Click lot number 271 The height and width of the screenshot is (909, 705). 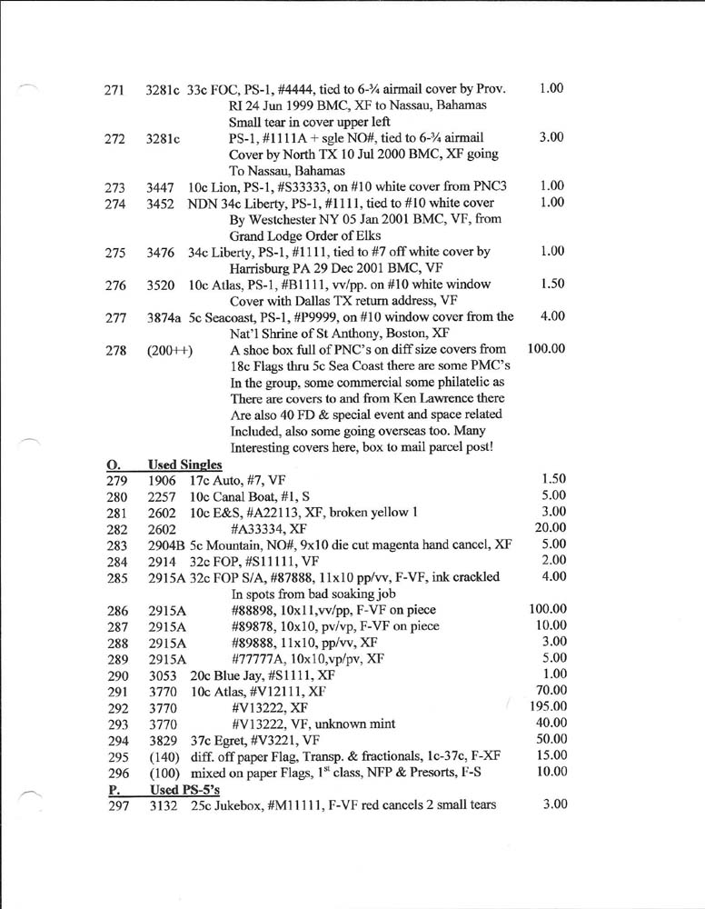114,90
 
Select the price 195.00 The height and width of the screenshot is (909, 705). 548,705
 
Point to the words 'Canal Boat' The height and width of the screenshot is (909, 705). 251,495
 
